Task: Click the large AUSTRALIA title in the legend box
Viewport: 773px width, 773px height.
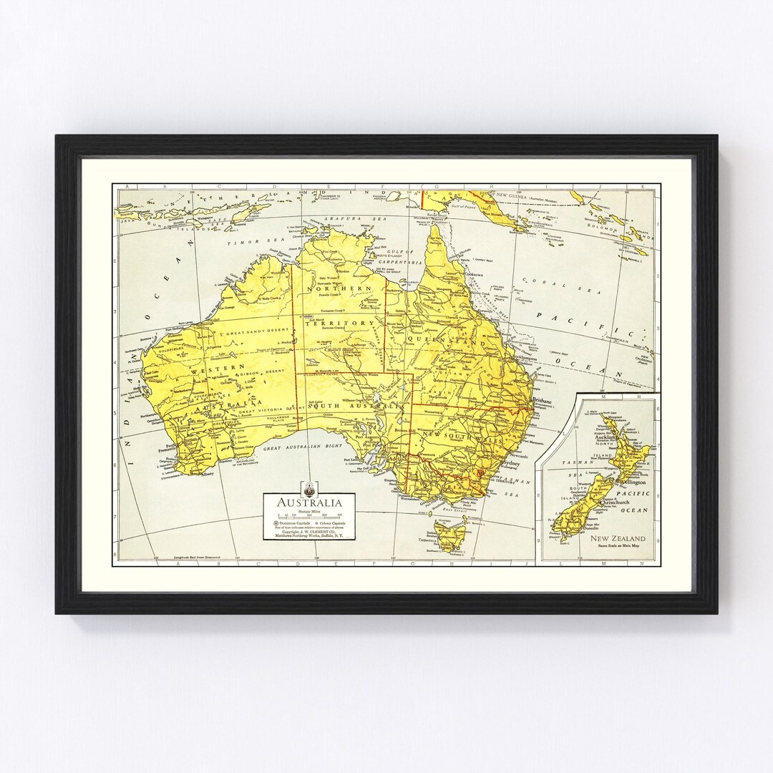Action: pyautogui.click(x=310, y=502)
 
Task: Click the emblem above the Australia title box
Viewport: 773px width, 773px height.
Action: pyautogui.click(x=309, y=488)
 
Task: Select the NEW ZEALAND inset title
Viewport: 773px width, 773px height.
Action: pyautogui.click(x=618, y=538)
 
